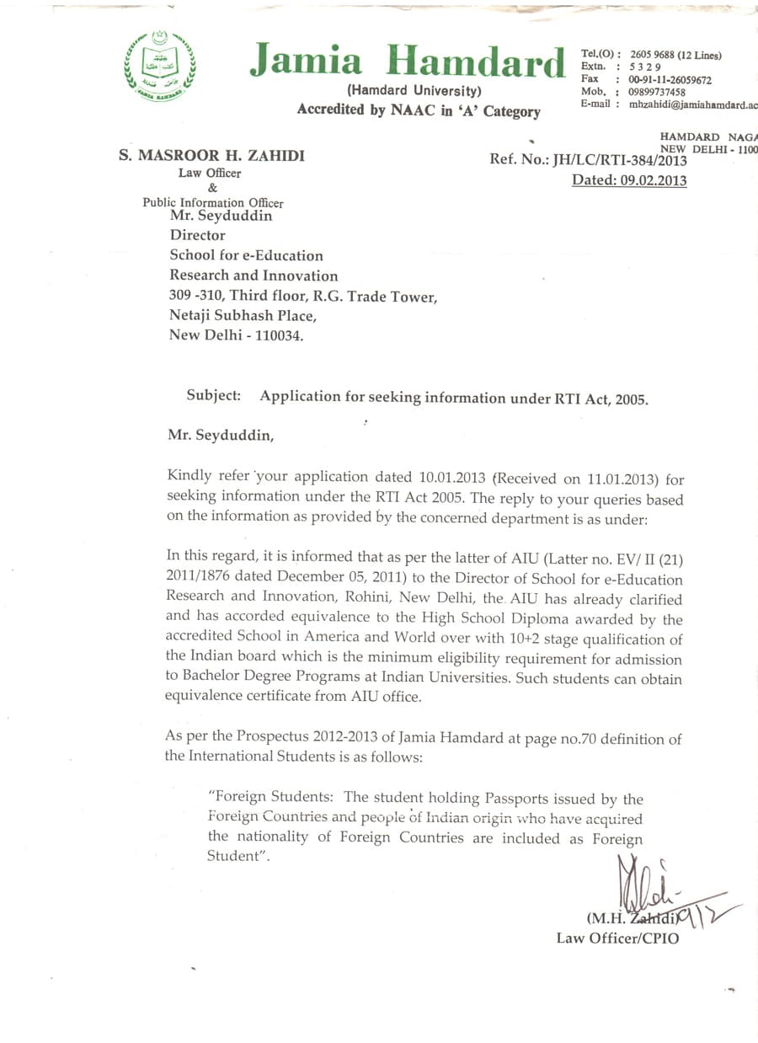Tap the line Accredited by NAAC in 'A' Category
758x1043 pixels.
coord(419,110)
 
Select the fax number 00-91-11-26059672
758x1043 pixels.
coord(670,80)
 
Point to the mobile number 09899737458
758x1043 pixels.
coord(657,92)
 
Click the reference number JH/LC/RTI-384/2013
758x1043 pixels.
coord(619,160)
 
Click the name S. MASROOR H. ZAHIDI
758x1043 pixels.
coord(211,156)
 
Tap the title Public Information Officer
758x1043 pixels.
coord(212,202)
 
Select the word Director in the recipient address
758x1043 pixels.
coord(198,235)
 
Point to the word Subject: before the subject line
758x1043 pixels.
coord(214,395)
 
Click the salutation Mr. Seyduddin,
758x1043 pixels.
coord(221,435)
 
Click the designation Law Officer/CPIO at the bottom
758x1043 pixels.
coord(617,937)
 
